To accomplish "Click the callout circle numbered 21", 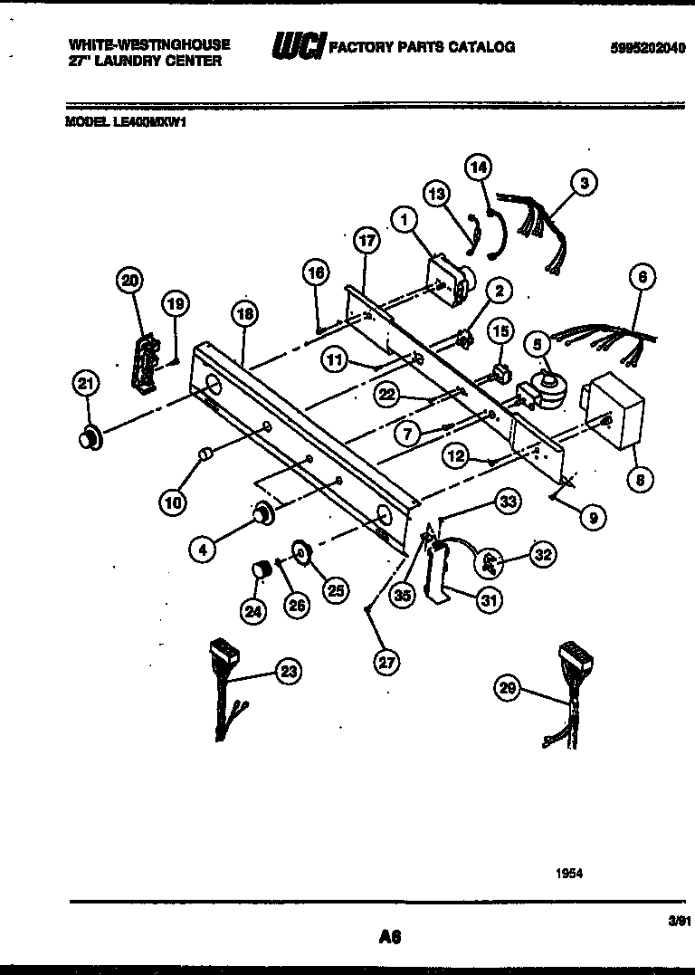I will click(85, 386).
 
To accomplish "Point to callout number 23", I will click(288, 672).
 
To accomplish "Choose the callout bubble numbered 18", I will click(243, 314).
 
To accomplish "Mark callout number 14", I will click(479, 167).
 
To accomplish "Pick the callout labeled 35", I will click(404, 596).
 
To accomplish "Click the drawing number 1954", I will click(569, 874).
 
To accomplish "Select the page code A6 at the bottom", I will click(391, 937).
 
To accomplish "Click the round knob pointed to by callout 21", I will click(88, 439).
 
